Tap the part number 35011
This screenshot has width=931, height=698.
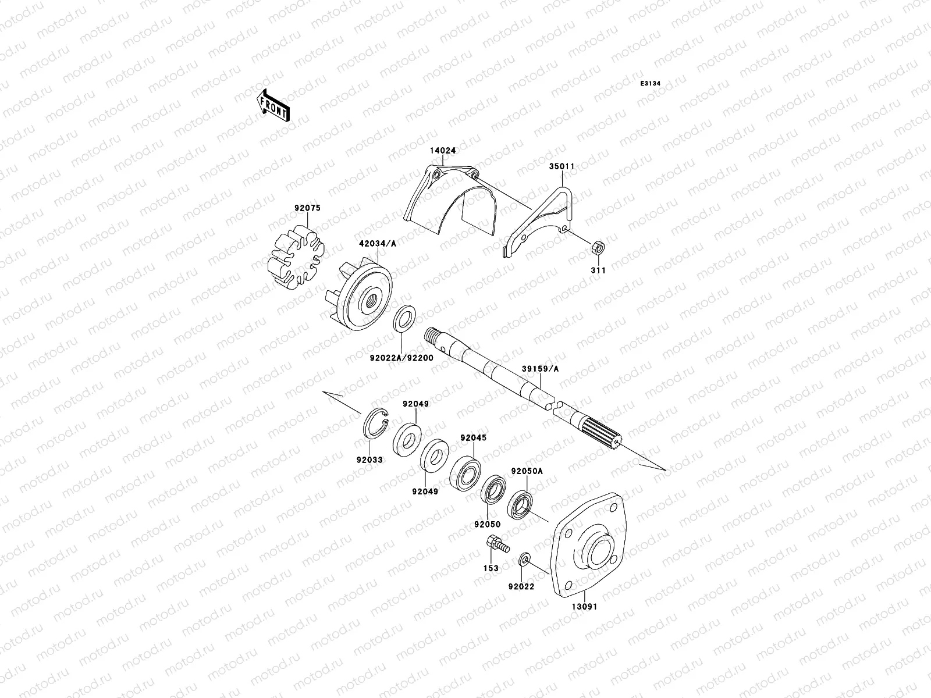[x=562, y=166]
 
